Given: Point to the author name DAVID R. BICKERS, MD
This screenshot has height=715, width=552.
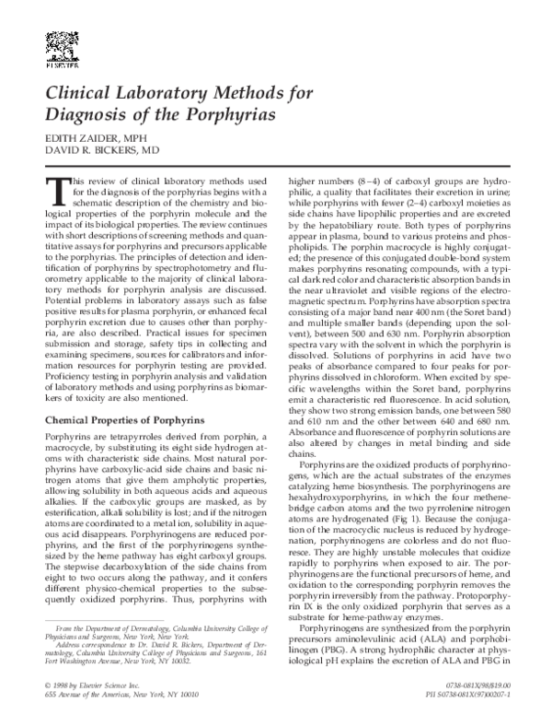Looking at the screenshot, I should click(x=102, y=149).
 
